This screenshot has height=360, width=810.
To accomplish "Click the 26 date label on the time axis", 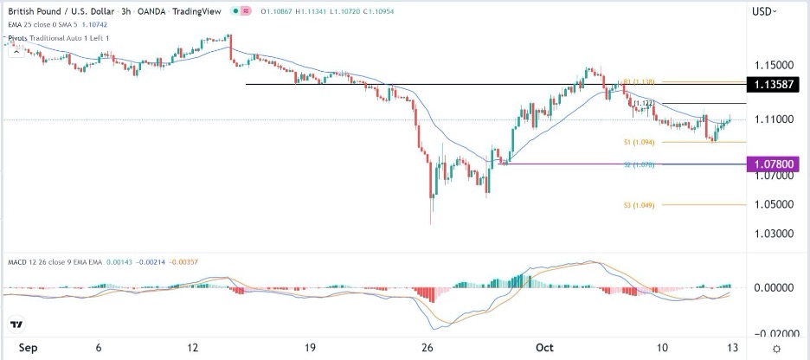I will [427, 348].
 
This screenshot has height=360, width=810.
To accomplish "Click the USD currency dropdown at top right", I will [764, 11].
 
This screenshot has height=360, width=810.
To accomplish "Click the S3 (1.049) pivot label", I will [638, 205].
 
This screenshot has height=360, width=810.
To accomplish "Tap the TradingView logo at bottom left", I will [16, 325].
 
